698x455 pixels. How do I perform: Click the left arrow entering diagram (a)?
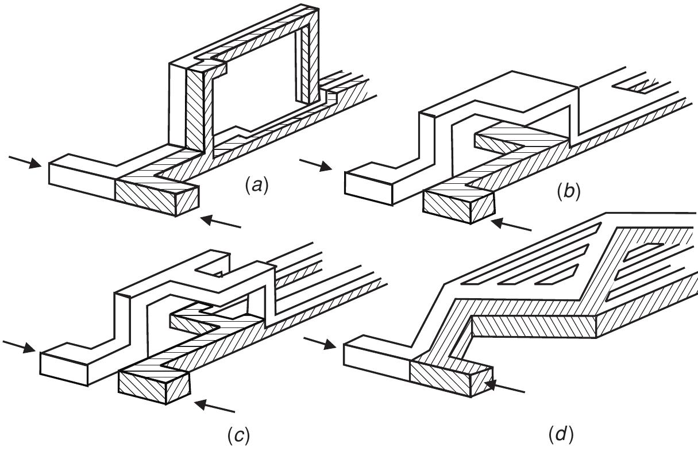pos(25,161)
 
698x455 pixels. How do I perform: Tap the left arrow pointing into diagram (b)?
pos(316,165)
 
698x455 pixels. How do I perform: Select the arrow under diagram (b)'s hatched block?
pos(512,226)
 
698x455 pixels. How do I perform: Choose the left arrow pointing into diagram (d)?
pos(319,343)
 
